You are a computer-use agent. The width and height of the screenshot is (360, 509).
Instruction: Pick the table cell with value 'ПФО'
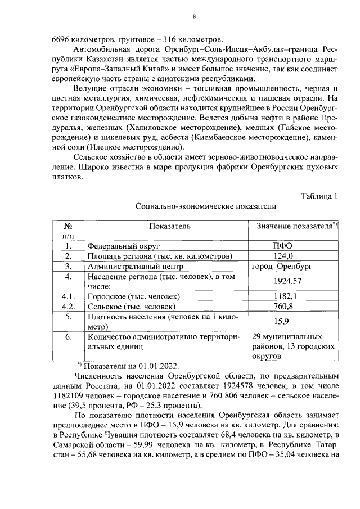[x=283, y=246]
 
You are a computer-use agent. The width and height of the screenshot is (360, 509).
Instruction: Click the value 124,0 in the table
[x=283, y=256]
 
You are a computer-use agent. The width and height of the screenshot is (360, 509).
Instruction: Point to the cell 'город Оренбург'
[x=282, y=266]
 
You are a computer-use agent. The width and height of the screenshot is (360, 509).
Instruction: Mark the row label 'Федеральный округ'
[x=123, y=246]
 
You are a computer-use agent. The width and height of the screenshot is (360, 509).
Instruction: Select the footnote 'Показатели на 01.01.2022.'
[x=127, y=366]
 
